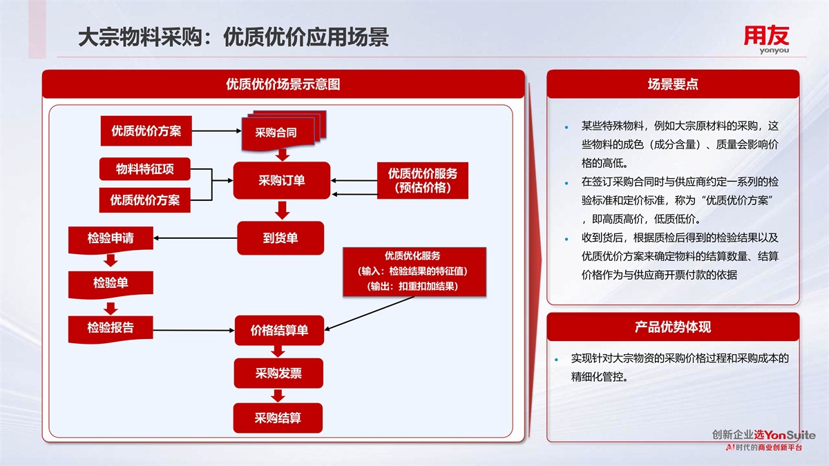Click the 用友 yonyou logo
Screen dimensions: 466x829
(x=765, y=39)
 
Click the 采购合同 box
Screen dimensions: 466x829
(x=276, y=133)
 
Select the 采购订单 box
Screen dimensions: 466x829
(x=282, y=181)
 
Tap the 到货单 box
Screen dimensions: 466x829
(x=280, y=238)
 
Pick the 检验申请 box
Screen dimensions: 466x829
(x=111, y=239)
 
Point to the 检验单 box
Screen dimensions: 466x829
(x=111, y=283)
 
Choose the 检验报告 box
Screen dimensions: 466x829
(x=111, y=328)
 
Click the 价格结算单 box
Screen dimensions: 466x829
(x=279, y=331)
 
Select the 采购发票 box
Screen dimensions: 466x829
(x=278, y=373)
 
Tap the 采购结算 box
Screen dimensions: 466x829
(x=278, y=418)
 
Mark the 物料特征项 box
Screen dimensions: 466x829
(x=144, y=169)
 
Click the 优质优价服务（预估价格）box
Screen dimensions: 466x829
(x=422, y=181)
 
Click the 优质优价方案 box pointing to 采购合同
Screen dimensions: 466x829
(x=146, y=130)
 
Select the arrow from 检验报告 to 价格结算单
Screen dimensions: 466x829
(x=193, y=329)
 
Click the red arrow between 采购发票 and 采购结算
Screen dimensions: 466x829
(x=278, y=396)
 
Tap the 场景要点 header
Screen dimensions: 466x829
(x=673, y=84)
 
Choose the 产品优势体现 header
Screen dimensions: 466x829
(x=673, y=327)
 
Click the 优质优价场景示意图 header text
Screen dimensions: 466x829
(x=283, y=84)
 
